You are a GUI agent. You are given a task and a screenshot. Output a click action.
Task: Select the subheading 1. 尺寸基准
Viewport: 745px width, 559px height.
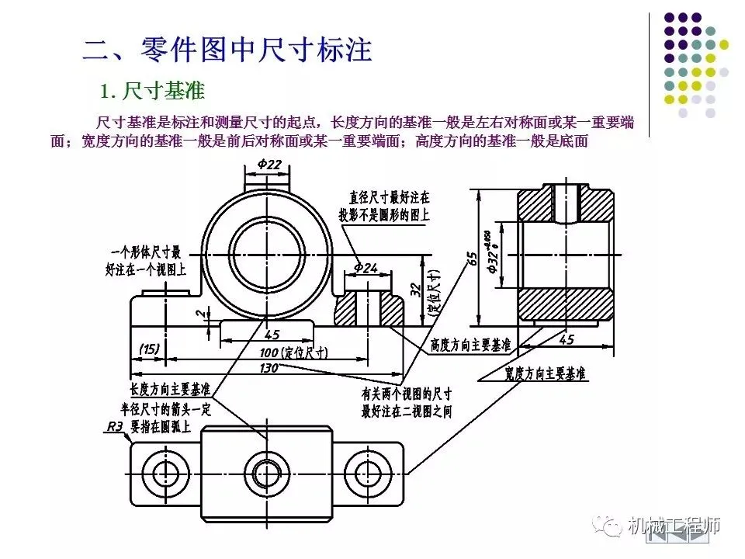pyautogui.click(x=152, y=92)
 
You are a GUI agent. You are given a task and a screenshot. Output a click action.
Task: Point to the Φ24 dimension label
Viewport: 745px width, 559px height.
pyautogui.click(x=365, y=268)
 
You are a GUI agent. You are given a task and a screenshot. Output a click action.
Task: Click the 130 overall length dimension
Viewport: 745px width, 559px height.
pyautogui.click(x=269, y=367)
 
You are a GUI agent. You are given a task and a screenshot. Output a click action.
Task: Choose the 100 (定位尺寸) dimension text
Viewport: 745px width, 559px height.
pyautogui.click(x=293, y=352)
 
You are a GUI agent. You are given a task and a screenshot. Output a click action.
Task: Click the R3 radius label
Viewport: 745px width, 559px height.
pyautogui.click(x=114, y=426)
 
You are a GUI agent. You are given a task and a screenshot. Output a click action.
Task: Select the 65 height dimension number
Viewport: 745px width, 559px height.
pyautogui.click(x=470, y=259)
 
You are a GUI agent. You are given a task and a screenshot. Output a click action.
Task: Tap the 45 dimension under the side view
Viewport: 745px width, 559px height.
pyautogui.click(x=566, y=339)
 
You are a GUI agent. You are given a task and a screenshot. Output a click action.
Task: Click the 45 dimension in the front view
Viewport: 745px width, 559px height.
pyautogui.click(x=272, y=335)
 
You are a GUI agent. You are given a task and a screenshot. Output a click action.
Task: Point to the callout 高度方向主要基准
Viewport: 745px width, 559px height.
pyautogui.click(x=470, y=345)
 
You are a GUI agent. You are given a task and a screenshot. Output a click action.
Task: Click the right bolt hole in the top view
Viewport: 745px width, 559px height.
pyautogui.click(x=363, y=471)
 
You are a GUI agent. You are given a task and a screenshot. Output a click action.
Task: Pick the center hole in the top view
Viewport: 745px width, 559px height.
pyautogui.click(x=265, y=471)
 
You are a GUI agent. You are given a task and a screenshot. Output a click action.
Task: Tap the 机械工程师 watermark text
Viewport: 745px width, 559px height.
pyautogui.click(x=674, y=525)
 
